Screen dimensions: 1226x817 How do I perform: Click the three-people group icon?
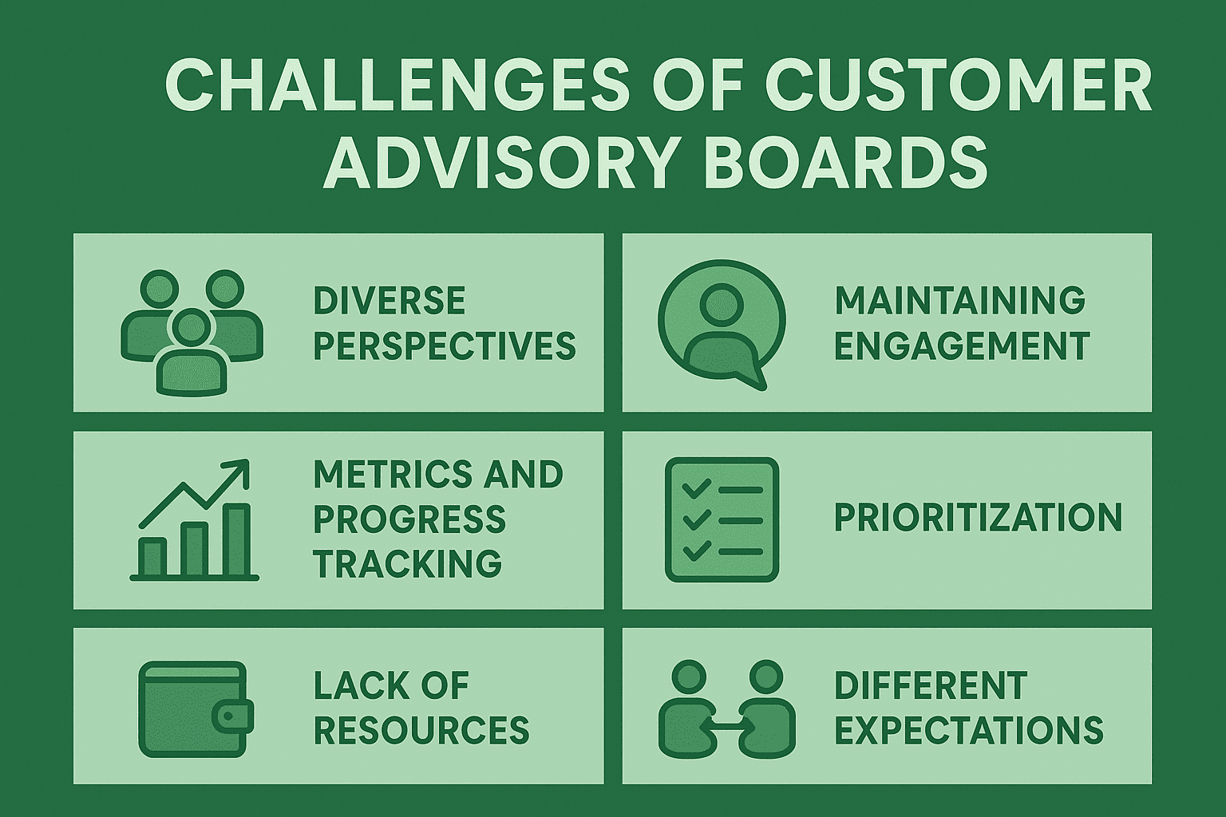click(x=192, y=332)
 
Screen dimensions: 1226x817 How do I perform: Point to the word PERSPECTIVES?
click(x=445, y=345)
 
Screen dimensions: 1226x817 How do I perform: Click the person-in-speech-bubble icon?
click(x=722, y=324)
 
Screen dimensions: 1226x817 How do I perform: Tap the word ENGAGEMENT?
click(x=962, y=345)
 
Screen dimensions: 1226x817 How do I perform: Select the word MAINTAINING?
click(x=959, y=300)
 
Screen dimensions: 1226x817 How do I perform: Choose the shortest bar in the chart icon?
click(x=152, y=556)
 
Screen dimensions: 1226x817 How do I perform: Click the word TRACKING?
click(x=408, y=563)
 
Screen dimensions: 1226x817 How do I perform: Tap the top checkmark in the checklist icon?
click(x=696, y=488)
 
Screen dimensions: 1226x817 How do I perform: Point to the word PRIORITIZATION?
click(x=978, y=518)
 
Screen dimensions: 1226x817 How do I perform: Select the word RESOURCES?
click(x=421, y=730)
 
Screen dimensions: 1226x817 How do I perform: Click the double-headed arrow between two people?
click(x=726, y=725)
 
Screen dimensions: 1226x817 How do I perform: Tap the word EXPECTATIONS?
click(x=969, y=730)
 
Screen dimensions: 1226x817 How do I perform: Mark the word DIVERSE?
click(x=390, y=300)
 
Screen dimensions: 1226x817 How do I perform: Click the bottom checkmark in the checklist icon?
click(x=696, y=550)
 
